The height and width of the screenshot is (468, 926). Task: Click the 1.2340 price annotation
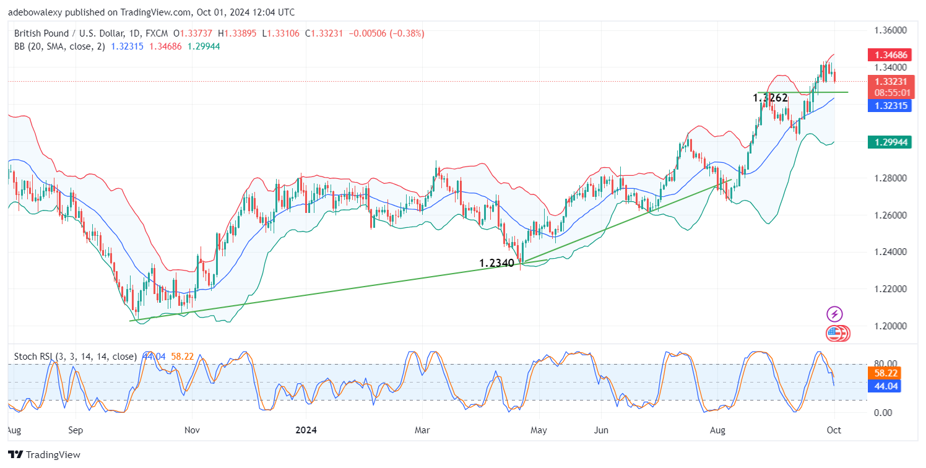pos(497,263)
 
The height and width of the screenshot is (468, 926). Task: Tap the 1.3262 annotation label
pos(770,98)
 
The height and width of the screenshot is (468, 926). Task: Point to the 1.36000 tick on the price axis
pos(890,30)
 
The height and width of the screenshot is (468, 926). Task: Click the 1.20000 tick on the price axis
pos(890,326)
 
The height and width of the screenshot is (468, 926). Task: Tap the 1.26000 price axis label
pos(890,215)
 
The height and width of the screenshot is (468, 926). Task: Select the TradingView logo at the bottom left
pos(44,455)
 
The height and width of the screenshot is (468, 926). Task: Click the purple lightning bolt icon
pos(834,314)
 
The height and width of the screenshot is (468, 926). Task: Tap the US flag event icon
pos(834,334)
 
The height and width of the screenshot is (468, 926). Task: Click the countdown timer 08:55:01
pos(891,92)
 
